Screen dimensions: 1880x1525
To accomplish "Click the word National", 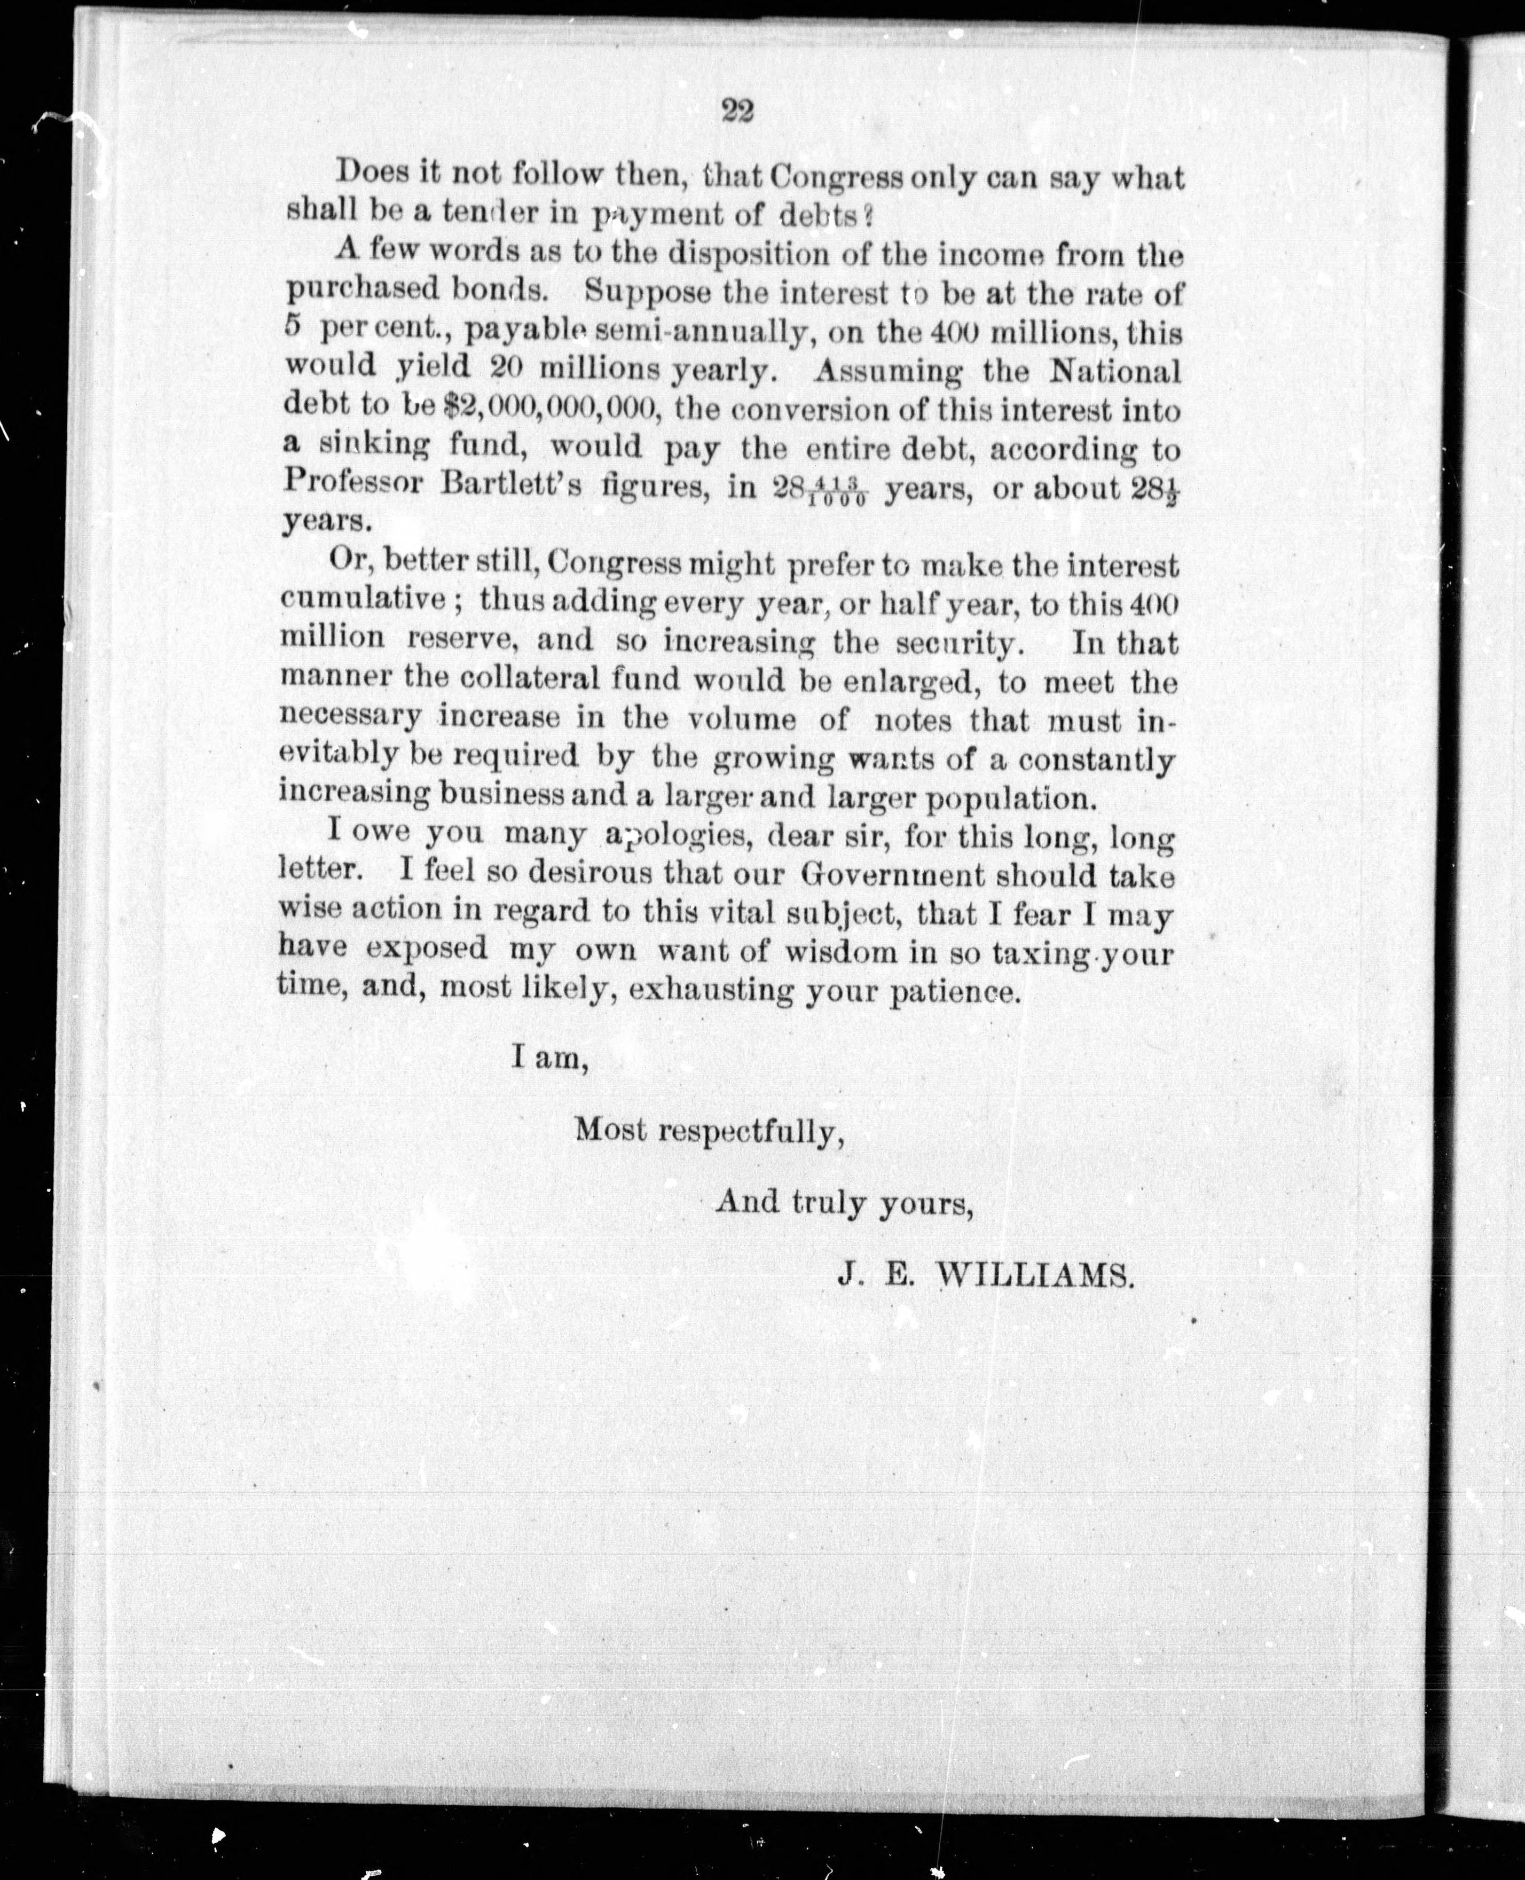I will point(1115,372).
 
